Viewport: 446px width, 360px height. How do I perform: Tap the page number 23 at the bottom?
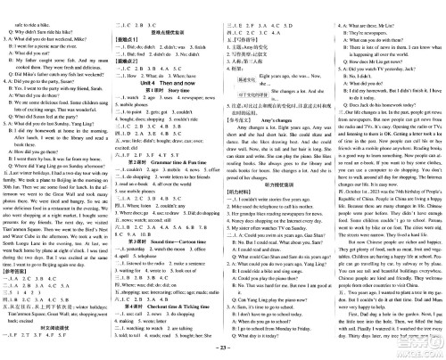[x=224, y=354]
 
